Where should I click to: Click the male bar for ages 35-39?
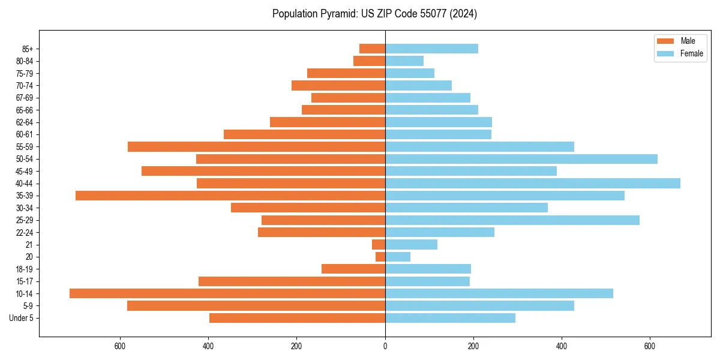(230, 196)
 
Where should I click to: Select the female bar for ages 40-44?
(533, 183)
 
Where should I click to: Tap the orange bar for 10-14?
(227, 293)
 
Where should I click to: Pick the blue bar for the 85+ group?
(431, 49)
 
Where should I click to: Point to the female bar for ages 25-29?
(512, 220)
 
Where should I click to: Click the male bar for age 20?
(380, 257)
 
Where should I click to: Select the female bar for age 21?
(411, 244)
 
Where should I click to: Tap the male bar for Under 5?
(297, 318)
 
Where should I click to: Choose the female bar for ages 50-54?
(521, 159)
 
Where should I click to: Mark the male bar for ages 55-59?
(256, 146)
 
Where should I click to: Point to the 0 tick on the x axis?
(385, 346)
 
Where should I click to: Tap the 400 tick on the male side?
(208, 346)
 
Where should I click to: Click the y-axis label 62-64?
(25, 122)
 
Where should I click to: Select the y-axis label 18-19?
(25, 269)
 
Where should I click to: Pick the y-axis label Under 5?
(22, 318)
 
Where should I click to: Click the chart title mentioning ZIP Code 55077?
(374, 14)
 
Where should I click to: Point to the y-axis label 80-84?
(25, 61)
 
